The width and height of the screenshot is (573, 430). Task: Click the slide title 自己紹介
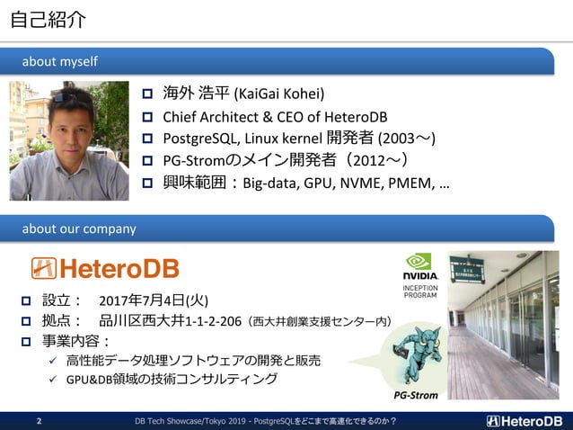click(49, 20)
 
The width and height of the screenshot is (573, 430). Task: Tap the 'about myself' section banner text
click(60, 61)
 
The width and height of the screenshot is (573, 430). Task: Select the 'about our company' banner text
click(79, 228)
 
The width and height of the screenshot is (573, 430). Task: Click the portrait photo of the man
click(69, 140)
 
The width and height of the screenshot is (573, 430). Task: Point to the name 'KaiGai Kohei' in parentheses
click(278, 94)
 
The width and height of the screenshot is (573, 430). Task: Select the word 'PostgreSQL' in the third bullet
click(200, 139)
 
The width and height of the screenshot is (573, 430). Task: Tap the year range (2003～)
click(406, 139)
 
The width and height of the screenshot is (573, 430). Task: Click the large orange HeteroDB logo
click(105, 268)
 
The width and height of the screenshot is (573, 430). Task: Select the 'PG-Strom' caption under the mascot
click(416, 395)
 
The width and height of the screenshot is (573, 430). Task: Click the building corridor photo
click(510, 325)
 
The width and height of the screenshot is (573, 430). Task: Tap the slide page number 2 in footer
click(39, 421)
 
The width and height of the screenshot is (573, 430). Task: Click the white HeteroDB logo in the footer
click(525, 420)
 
